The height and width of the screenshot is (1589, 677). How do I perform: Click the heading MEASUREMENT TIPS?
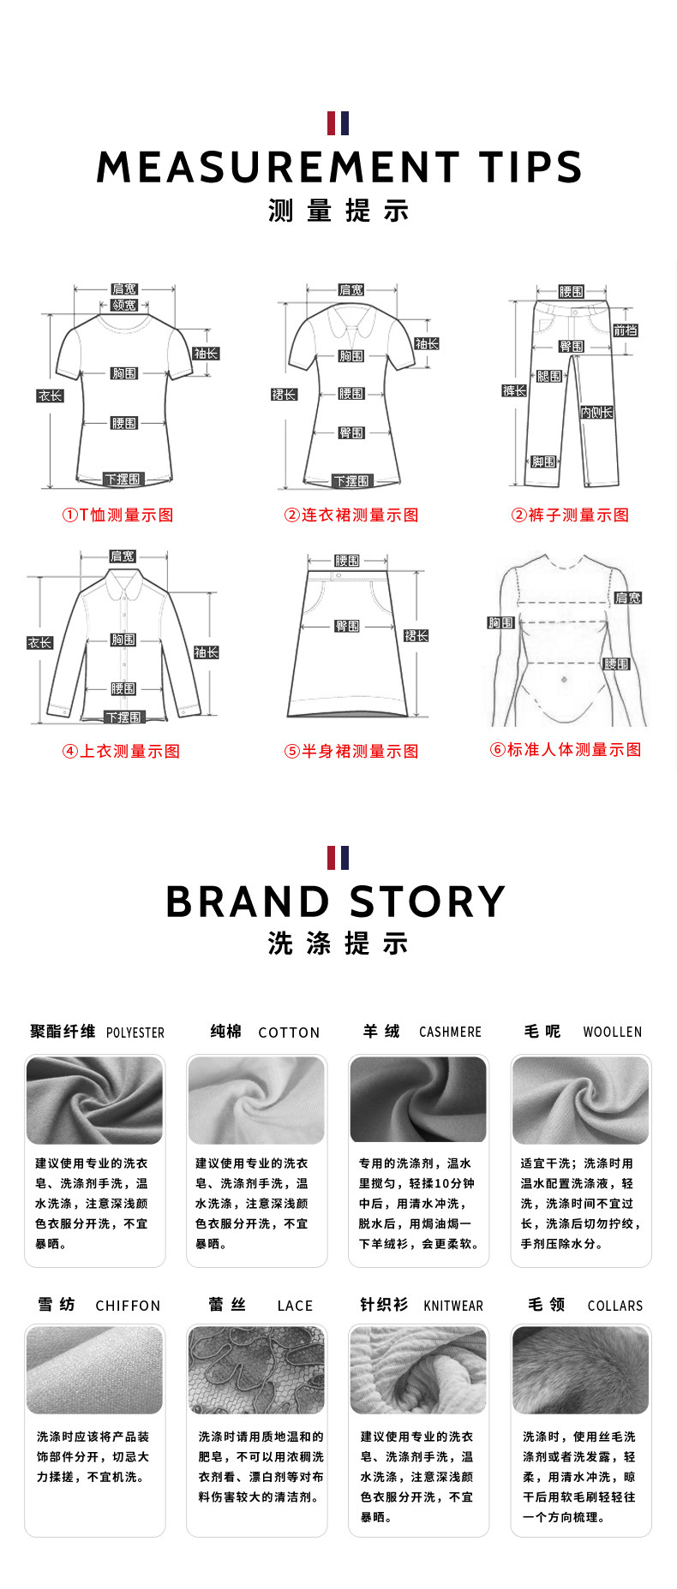click(338, 167)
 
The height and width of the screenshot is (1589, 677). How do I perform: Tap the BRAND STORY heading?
click(336, 902)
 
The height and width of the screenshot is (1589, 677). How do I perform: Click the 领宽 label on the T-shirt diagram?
click(124, 305)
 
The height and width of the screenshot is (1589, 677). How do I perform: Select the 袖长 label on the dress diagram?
click(427, 343)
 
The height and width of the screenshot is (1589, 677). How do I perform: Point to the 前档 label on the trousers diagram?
click(625, 330)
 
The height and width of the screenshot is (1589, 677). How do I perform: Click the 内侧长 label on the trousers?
click(596, 412)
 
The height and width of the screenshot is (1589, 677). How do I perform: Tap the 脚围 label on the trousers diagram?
click(543, 461)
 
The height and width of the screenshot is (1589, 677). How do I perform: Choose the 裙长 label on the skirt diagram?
click(416, 635)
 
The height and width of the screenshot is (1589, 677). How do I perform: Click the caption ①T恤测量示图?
click(117, 515)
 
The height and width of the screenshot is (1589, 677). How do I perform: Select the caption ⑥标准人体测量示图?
click(565, 749)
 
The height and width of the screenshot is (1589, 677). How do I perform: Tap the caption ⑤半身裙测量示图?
click(351, 751)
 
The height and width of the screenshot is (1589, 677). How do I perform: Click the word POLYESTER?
click(135, 1033)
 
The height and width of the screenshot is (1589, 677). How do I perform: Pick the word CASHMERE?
click(450, 1032)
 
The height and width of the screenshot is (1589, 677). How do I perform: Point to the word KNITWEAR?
click(453, 1306)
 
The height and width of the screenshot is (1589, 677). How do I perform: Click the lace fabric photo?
click(256, 1370)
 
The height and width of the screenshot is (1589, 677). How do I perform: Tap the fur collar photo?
click(580, 1370)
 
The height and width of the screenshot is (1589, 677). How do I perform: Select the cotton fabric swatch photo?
click(256, 1100)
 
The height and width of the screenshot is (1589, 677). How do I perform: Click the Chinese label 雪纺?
click(57, 1304)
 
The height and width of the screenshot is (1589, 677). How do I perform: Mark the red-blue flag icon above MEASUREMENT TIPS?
click(338, 123)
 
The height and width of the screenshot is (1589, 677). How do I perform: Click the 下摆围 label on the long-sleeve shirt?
click(123, 717)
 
